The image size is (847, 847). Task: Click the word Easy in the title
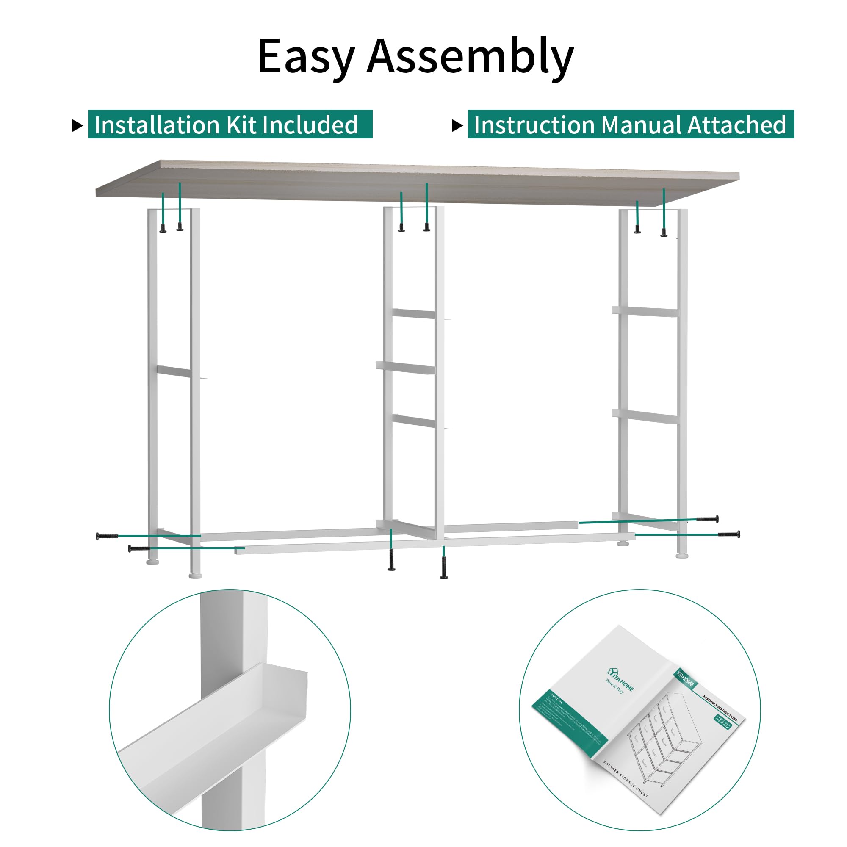[306, 57]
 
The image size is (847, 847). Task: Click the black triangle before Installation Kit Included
[77, 126]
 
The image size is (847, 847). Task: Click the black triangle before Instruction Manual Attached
[457, 126]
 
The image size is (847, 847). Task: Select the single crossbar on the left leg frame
[174, 372]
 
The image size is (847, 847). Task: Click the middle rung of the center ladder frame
[406, 367]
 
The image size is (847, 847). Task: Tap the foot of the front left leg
[195, 575]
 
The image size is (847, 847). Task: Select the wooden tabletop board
[416, 182]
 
